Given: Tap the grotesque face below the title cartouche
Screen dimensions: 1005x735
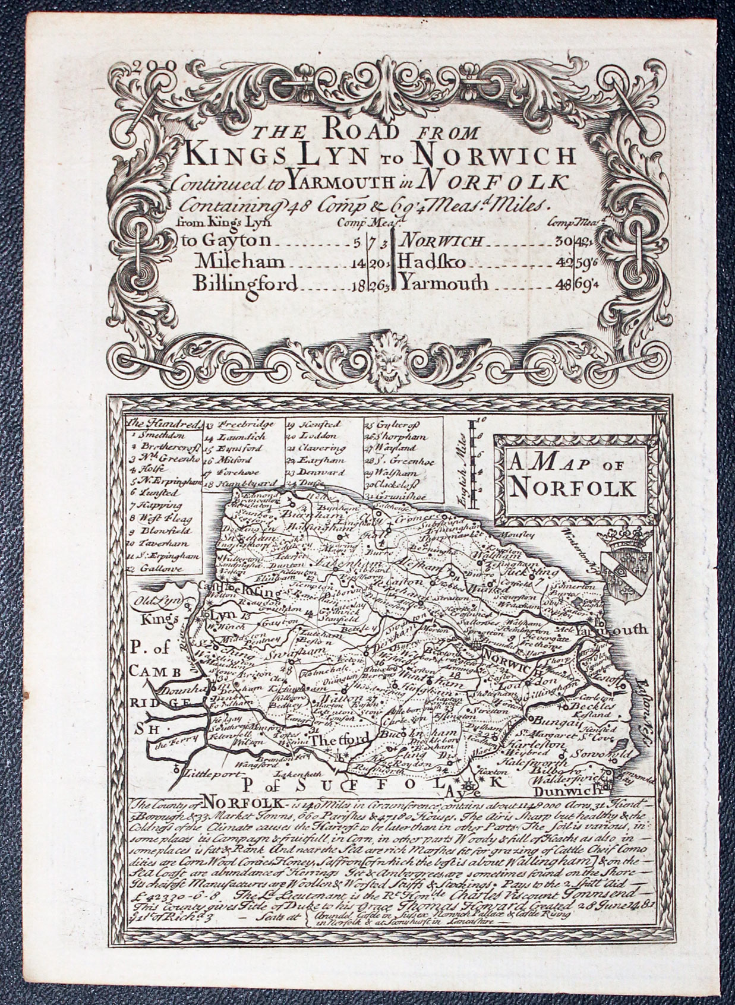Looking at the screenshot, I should point(381,359).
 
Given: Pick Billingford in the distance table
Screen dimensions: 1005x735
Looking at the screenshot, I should point(245,284).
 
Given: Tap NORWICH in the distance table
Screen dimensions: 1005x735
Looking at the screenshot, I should point(446,241).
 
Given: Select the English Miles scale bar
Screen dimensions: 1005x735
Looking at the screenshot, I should point(474,463).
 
